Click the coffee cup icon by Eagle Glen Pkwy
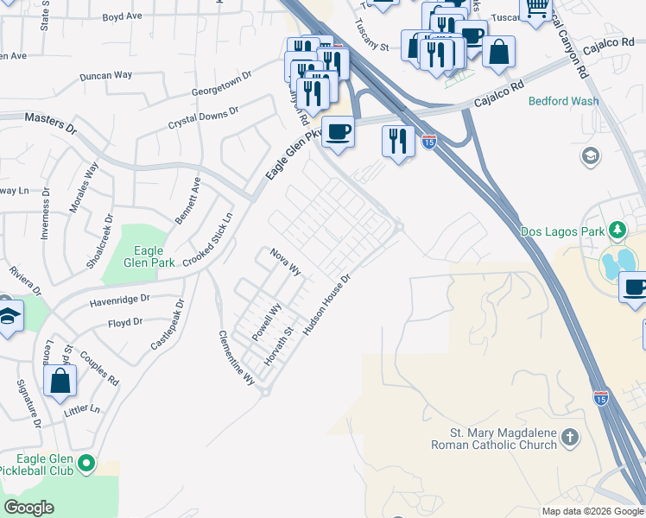tap(338, 132)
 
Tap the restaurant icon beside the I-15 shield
tap(397, 140)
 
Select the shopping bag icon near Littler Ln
tap(60, 381)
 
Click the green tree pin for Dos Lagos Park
tap(617, 231)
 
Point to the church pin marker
tap(569, 439)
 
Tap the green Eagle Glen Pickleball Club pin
tap(85, 464)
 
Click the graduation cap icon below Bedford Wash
tap(591, 156)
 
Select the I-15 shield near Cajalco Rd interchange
tap(429, 142)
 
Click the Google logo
tap(29, 508)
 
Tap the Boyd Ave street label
tap(122, 16)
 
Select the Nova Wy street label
tap(285, 262)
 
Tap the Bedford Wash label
tap(563, 101)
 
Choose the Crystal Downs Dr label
tap(204, 119)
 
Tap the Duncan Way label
tap(105, 75)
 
